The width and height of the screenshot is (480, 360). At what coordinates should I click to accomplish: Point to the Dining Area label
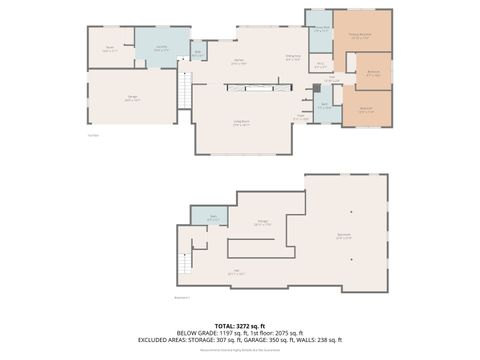pyautogui.click(x=292, y=57)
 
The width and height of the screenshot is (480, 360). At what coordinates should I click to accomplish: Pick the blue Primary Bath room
pyautogui.click(x=320, y=29)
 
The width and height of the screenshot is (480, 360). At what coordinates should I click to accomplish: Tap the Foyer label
pyautogui.click(x=300, y=117)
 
